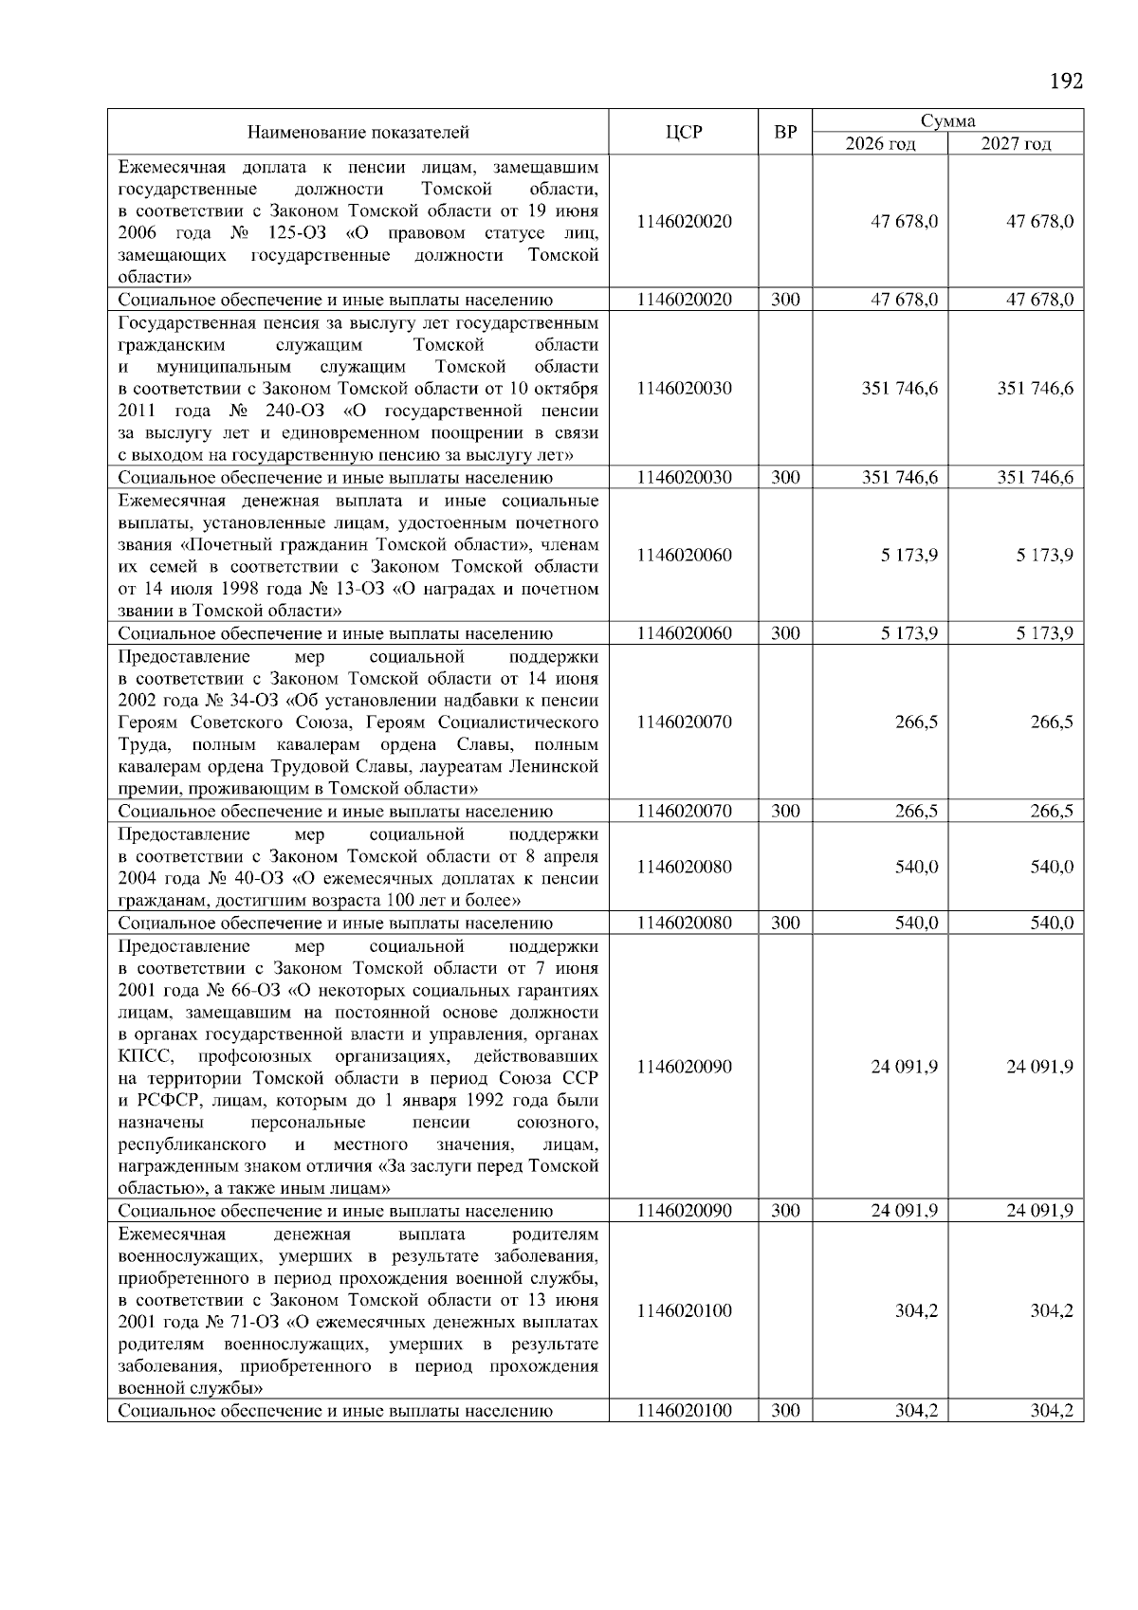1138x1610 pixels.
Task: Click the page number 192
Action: (x=1066, y=81)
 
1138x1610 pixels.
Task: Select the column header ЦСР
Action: (x=684, y=132)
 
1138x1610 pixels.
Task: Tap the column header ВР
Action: (x=785, y=132)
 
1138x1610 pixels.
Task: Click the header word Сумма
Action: (x=947, y=121)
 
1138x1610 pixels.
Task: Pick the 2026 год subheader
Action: (x=880, y=143)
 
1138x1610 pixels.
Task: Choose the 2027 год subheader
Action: (x=1016, y=143)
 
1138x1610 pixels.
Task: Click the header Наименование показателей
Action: (x=358, y=132)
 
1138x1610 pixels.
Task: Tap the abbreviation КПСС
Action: (x=145, y=1056)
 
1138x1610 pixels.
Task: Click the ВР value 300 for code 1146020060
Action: (x=785, y=633)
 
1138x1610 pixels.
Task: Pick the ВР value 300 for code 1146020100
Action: (x=785, y=1410)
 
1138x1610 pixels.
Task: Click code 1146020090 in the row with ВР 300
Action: (x=684, y=1210)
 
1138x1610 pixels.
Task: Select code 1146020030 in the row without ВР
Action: (x=684, y=388)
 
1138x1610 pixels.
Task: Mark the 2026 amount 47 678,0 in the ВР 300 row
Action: (x=905, y=300)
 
